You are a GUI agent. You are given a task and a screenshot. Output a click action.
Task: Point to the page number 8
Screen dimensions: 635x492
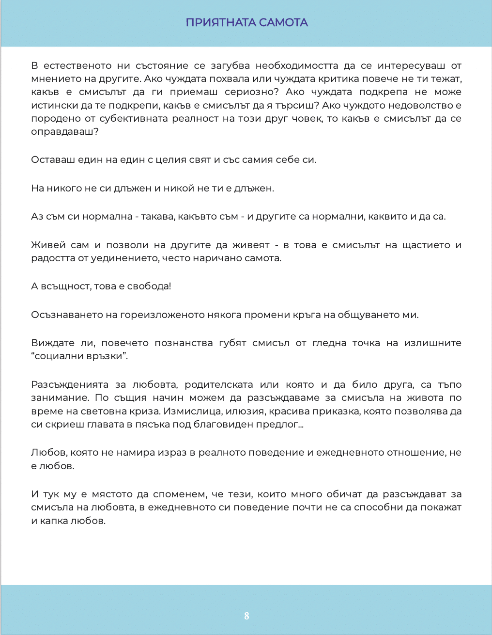[x=246, y=616]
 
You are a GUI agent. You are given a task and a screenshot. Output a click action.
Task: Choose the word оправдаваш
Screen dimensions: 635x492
[x=64, y=132]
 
